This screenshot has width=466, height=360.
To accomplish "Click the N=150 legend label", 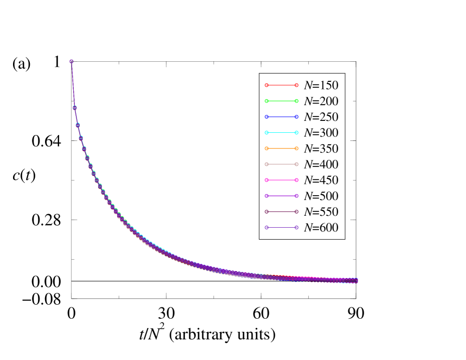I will coord(321,85).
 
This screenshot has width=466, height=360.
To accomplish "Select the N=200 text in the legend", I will coord(321,101).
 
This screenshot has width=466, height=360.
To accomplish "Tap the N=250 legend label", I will coord(321,117).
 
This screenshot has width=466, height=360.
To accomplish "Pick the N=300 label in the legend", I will coord(321,132).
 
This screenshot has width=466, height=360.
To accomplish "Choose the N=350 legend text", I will coord(321,148).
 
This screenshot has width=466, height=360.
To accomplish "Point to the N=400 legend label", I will coord(321,164).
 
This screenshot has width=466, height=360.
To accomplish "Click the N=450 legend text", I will coord(321,180).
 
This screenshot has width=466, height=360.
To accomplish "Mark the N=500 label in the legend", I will coord(321,196).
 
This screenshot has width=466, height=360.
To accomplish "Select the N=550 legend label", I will coord(321,211).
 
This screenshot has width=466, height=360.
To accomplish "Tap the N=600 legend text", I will coord(321,228).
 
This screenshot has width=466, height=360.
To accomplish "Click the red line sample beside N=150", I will coord(281,85).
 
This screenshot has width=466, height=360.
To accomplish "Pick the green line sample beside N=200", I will coord(281,101).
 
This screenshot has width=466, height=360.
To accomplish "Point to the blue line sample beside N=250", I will coord(281,117).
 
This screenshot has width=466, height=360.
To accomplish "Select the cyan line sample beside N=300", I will coord(281,132).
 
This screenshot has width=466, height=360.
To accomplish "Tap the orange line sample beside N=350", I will coord(281,148).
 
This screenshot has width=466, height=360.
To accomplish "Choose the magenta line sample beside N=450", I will coord(281,180).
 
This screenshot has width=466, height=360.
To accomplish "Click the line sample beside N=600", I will coord(281,228).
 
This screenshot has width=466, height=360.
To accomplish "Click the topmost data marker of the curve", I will coord(71,61).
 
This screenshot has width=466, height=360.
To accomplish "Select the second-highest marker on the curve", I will coord(74,107).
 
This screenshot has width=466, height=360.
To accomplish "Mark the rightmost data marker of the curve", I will coord(356,281).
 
